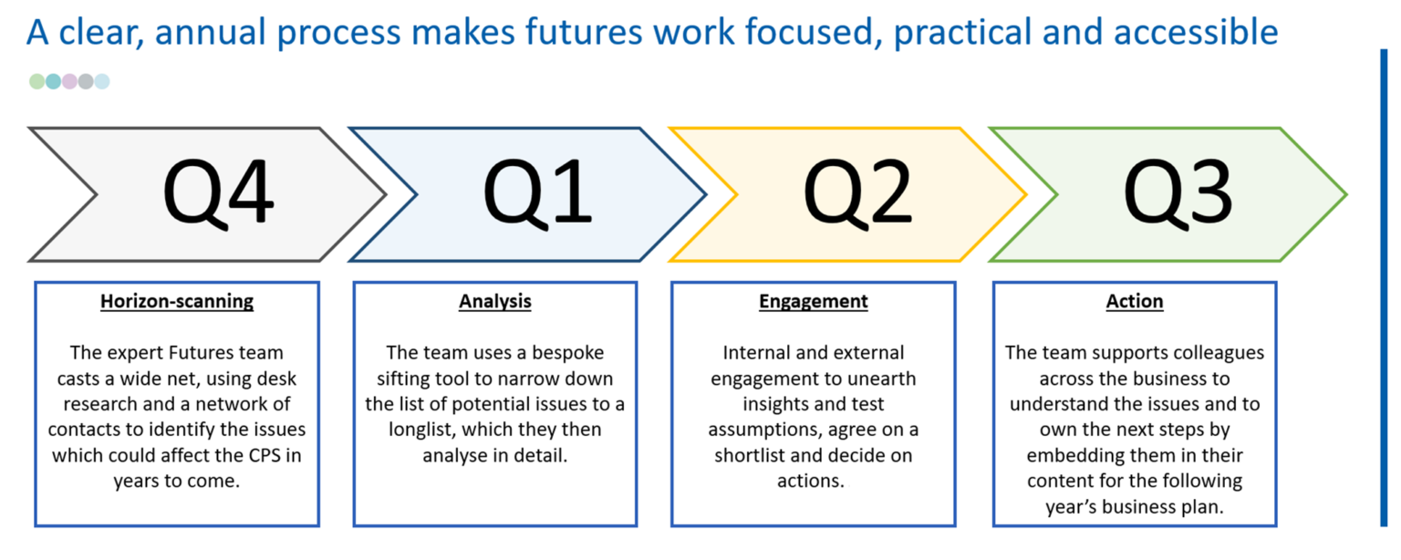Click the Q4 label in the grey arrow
[x=218, y=194]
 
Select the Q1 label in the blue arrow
[x=537, y=194]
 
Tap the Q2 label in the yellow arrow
[x=857, y=194]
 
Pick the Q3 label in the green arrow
[x=1178, y=194]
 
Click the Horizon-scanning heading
[x=177, y=302]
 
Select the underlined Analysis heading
[x=495, y=302]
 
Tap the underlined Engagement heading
[x=814, y=302]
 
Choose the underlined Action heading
[x=1135, y=302]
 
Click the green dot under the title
[x=37, y=81]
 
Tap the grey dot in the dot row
[x=86, y=81]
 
